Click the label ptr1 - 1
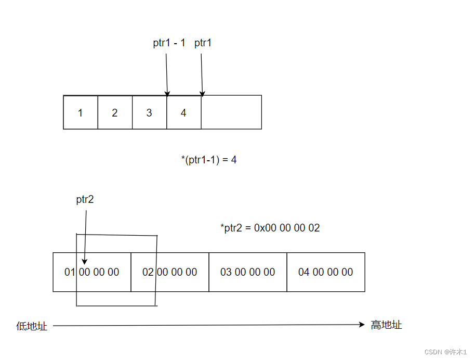pyautogui.click(x=169, y=43)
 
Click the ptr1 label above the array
pyautogui.click(x=203, y=43)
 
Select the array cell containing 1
pyautogui.click(x=80, y=112)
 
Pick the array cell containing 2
pyautogui.click(x=115, y=112)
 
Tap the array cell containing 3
pyautogui.click(x=149, y=112)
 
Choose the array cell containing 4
pyautogui.click(x=183, y=112)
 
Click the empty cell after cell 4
pyautogui.click(x=231, y=112)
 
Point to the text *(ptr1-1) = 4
pyautogui.click(x=208, y=160)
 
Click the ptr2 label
pyautogui.click(x=85, y=199)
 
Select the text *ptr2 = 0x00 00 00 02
pyautogui.click(x=270, y=228)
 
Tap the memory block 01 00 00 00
pyautogui.click(x=92, y=272)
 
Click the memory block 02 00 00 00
pyautogui.click(x=170, y=272)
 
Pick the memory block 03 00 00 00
pyautogui.click(x=247, y=272)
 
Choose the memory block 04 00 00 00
pyautogui.click(x=325, y=272)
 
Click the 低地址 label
pyautogui.click(x=32, y=326)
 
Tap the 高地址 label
pyautogui.click(x=386, y=325)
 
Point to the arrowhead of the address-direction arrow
pyautogui.click(x=362, y=325)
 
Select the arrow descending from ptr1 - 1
pyautogui.click(x=167, y=73)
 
